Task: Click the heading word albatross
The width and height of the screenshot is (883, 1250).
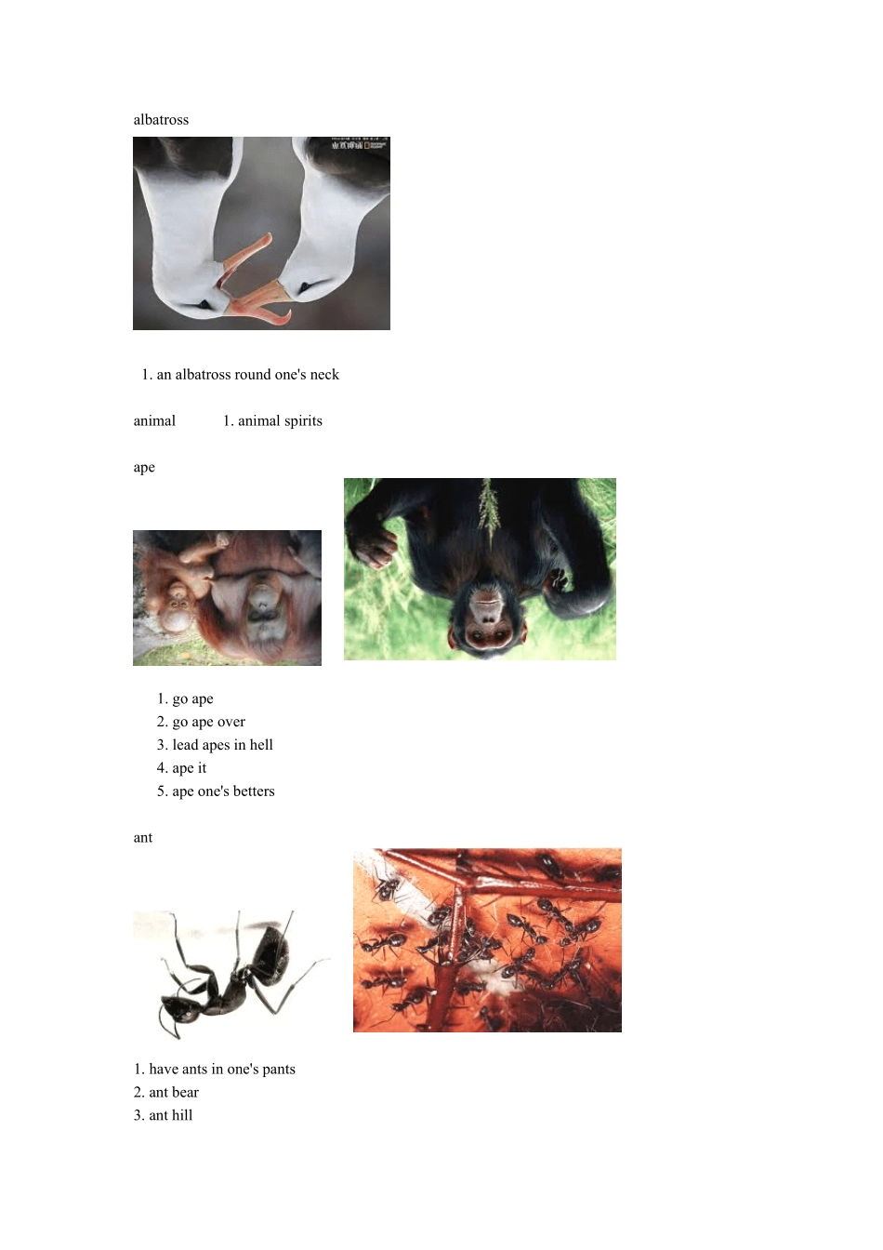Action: (x=161, y=119)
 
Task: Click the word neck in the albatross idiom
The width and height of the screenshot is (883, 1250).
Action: (x=324, y=375)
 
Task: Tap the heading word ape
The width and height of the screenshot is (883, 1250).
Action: (x=144, y=468)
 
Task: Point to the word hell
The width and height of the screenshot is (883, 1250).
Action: (x=261, y=745)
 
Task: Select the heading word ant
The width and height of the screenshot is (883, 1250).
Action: (x=143, y=838)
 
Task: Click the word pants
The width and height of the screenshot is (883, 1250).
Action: (x=278, y=1070)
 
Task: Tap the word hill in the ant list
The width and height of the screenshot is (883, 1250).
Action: (x=181, y=1115)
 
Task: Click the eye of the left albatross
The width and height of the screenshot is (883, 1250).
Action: (x=205, y=305)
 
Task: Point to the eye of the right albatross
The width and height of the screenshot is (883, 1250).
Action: (x=304, y=287)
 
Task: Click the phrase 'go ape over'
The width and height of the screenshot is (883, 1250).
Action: (x=208, y=722)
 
